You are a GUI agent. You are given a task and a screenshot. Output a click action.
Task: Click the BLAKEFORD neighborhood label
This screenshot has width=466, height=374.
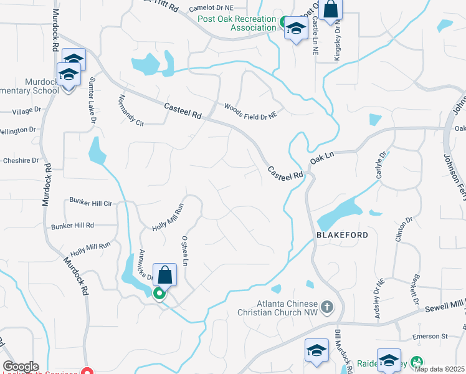coord(343,235)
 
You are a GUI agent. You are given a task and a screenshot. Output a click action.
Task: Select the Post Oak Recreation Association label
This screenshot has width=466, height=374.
coord(237,23)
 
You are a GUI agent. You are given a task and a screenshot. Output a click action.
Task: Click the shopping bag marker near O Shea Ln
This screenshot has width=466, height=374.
coord(164,275)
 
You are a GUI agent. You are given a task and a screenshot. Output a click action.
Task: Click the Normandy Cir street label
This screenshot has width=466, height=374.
coord(131,110)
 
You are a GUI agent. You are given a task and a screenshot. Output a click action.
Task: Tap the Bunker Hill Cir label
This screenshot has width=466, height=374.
coord(90,203)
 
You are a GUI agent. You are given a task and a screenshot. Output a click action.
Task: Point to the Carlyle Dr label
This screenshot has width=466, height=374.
coord(381,164)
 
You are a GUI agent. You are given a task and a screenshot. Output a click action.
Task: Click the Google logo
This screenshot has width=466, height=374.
coord(21,367)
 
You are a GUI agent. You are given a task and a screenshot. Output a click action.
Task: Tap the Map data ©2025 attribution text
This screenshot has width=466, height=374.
coord(439,369)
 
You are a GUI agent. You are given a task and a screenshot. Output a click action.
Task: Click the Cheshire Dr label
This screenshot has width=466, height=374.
coord(21,160)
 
